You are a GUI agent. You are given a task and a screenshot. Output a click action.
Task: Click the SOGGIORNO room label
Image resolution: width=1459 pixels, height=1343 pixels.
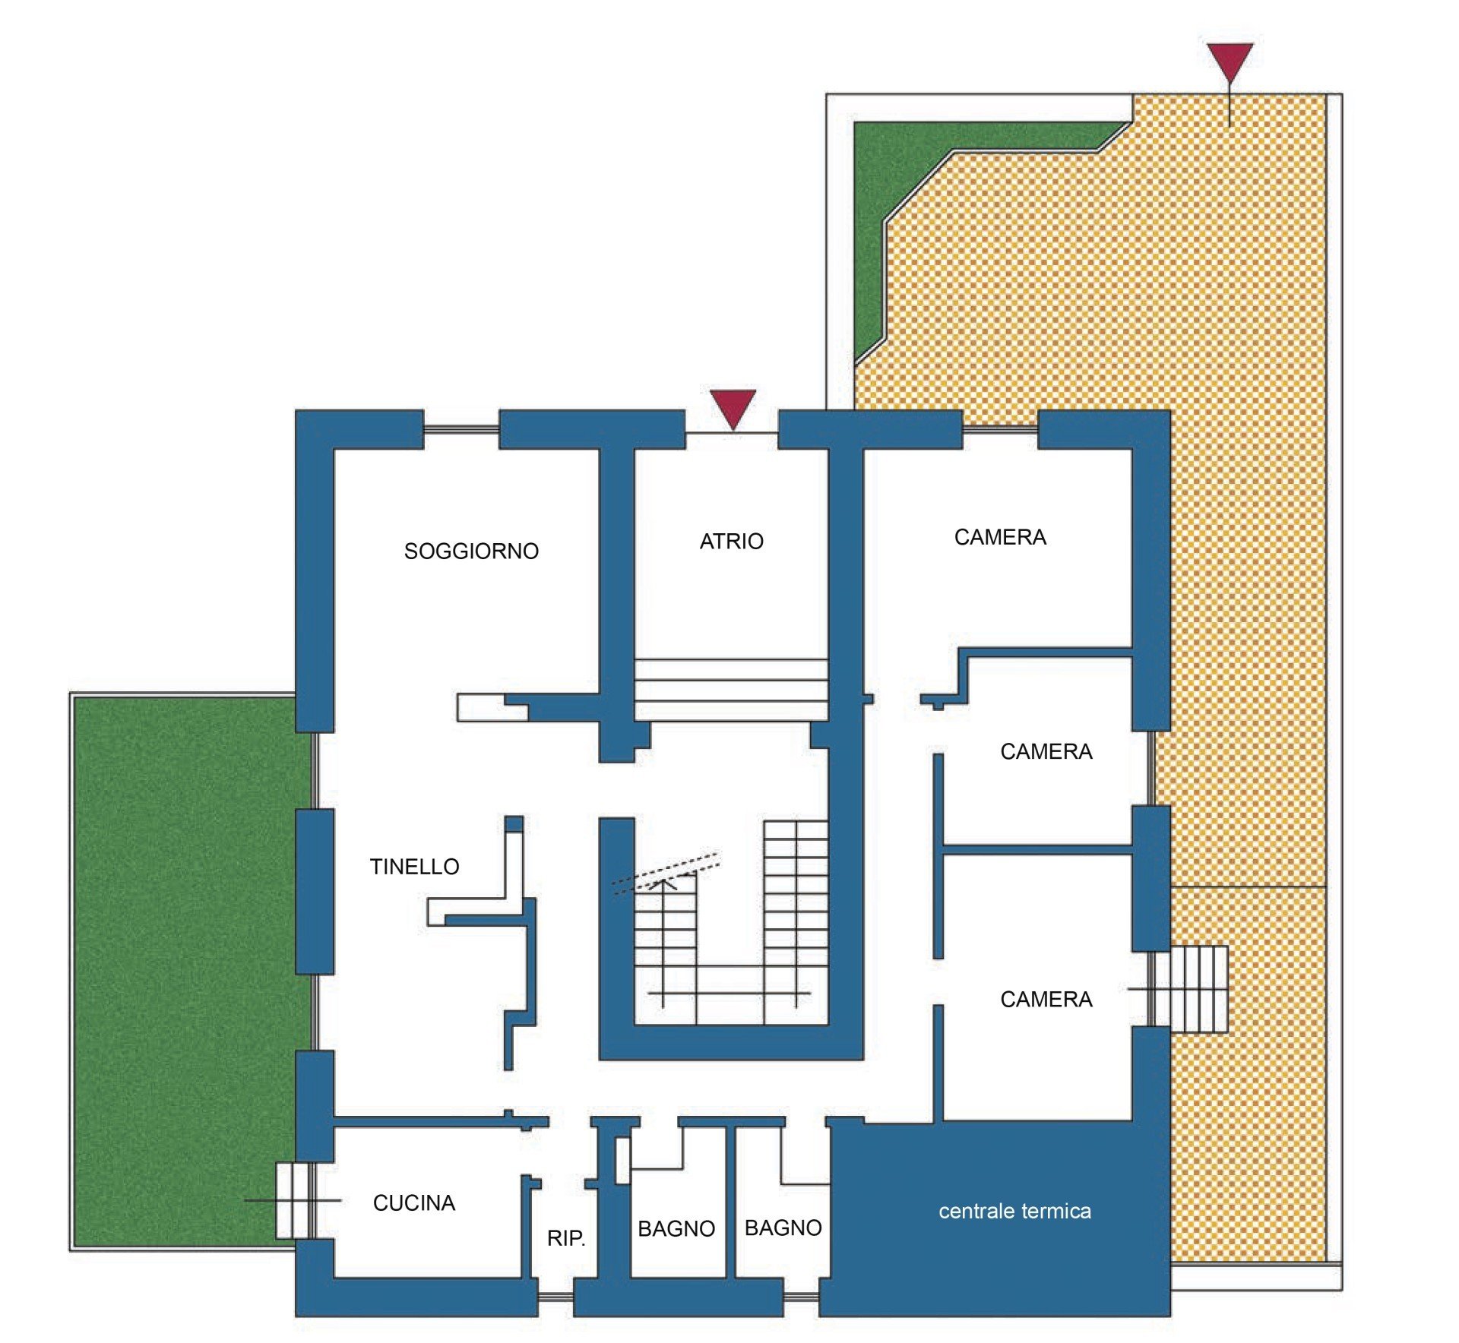[471, 551]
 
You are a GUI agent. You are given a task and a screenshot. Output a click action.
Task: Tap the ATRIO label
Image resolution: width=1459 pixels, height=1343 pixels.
[732, 542]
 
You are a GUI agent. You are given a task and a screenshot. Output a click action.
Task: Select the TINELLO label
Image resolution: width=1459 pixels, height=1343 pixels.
[414, 867]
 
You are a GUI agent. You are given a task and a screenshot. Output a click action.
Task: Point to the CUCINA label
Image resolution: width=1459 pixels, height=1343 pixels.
[414, 1203]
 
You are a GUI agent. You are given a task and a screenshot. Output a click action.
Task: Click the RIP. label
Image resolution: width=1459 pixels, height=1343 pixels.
[566, 1238]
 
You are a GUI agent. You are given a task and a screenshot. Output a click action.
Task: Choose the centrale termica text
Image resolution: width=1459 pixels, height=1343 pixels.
[1014, 1211]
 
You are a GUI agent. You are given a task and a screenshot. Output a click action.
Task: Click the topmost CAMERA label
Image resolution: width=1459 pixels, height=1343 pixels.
[1000, 538]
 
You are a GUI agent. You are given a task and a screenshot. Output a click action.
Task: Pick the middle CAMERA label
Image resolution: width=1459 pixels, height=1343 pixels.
[1046, 752]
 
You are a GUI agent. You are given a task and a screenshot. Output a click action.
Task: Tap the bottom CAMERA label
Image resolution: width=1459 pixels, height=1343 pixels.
[1046, 1000]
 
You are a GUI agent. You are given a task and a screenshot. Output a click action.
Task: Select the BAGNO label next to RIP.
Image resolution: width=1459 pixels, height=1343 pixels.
[676, 1229]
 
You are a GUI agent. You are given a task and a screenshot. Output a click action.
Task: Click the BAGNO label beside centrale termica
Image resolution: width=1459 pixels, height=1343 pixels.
[783, 1228]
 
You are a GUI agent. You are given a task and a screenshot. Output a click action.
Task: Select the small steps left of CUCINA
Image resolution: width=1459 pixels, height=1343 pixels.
[293, 1200]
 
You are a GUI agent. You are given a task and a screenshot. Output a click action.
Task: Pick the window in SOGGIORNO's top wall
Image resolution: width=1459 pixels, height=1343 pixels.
[461, 430]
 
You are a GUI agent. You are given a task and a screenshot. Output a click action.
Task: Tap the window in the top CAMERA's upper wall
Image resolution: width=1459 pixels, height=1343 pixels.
[1001, 430]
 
